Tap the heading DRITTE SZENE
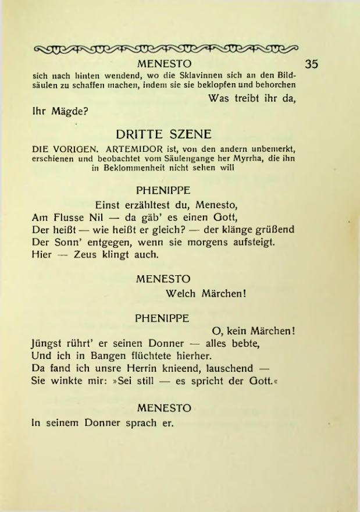pyautogui.click(x=163, y=134)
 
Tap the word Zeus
pyautogui.click(x=85, y=254)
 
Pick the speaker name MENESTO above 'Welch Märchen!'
pyautogui.click(x=163, y=279)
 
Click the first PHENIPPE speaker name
pyautogui.click(x=163, y=190)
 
